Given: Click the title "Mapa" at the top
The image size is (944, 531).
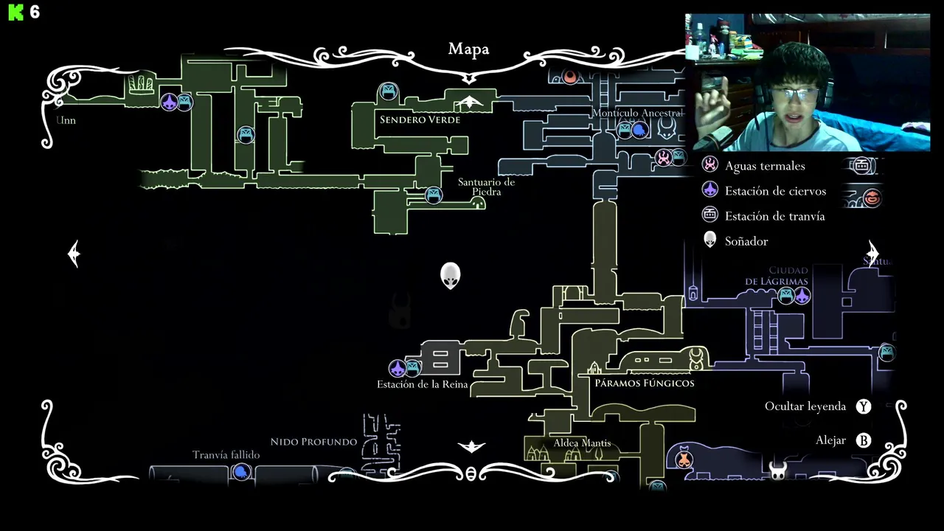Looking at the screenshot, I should click(x=468, y=49).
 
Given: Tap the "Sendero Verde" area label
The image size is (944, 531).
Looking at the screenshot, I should click(x=420, y=119).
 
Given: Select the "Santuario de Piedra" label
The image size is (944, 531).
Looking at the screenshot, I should click(x=486, y=187).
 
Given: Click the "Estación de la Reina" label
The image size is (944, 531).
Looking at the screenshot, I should click(x=423, y=384).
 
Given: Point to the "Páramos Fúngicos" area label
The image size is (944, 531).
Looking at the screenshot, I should click(x=645, y=383).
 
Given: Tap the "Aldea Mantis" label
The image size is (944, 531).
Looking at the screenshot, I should click(x=582, y=443).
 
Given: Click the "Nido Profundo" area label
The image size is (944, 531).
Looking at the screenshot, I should click(x=313, y=442).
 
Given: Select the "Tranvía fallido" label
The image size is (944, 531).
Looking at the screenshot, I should click(x=226, y=455).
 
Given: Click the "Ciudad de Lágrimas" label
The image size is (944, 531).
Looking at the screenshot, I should click(x=777, y=276).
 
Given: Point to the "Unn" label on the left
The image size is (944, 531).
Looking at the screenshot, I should click(x=66, y=120).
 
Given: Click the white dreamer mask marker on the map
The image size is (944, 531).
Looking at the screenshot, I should click(x=450, y=275).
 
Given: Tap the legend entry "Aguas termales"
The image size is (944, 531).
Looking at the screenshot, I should click(x=764, y=166).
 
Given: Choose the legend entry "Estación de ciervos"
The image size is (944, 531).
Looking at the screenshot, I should click(x=774, y=191).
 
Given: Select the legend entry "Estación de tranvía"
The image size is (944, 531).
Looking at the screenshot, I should click(x=774, y=216).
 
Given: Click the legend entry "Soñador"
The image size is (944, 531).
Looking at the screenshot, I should click(x=746, y=241).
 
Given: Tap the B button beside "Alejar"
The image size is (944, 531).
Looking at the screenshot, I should click(x=864, y=440).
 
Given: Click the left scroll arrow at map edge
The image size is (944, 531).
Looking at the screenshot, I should click(x=74, y=254).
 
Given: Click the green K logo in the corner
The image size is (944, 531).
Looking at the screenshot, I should click(x=15, y=13).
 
